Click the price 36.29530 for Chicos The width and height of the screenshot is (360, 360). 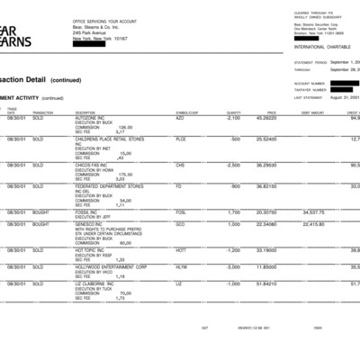tap(266, 165)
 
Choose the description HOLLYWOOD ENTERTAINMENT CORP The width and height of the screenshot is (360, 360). tap(112, 266)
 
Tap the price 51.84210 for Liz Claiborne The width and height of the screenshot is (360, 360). tap(266, 283)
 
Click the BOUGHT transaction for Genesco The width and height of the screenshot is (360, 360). tap(41, 224)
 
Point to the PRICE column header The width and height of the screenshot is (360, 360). tap(270, 112)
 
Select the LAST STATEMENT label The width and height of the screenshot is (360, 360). tap(310, 94)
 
